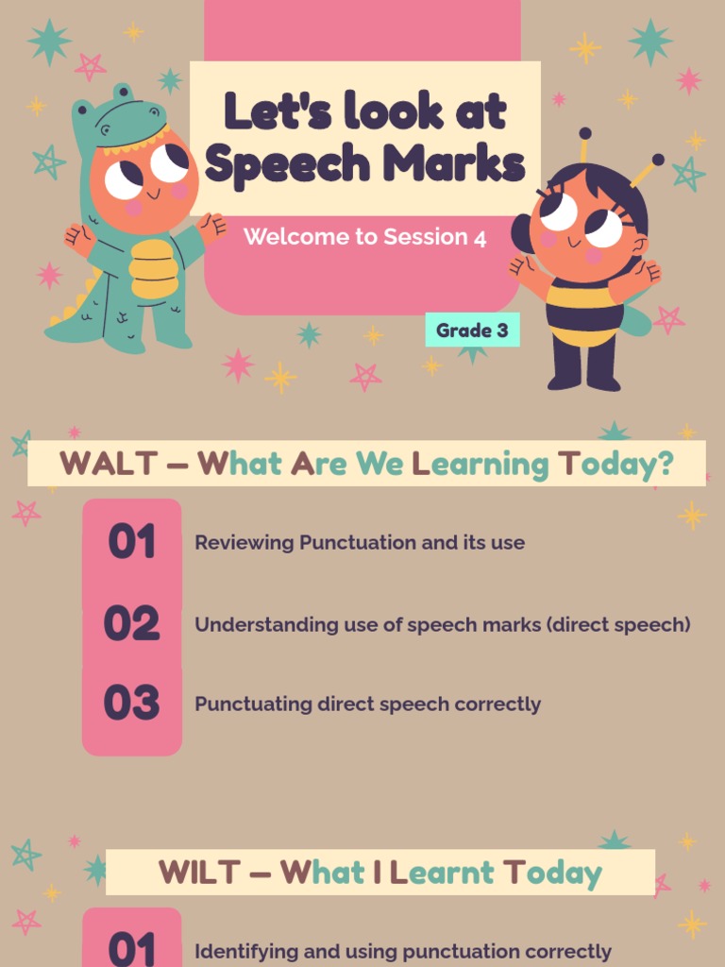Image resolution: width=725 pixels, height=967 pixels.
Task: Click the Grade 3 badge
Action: coord(472,331)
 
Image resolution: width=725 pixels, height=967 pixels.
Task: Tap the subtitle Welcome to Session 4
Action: coord(364,237)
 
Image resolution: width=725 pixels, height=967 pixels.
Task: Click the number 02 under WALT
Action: coord(131,624)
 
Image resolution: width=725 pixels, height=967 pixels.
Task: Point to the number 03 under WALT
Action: coord(131,704)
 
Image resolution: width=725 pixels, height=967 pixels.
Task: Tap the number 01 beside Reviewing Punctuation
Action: coord(131,543)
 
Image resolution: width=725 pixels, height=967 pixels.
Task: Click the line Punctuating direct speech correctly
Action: coord(367,704)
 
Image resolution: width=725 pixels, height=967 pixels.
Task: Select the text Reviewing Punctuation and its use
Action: coord(359,543)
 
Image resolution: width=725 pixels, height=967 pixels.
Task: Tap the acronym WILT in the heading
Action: coord(201,872)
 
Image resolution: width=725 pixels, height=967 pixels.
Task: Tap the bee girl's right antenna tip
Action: coord(658,160)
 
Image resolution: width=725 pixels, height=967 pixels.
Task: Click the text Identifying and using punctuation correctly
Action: coord(402,952)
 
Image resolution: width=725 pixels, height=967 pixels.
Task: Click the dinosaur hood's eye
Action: coord(105,130)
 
